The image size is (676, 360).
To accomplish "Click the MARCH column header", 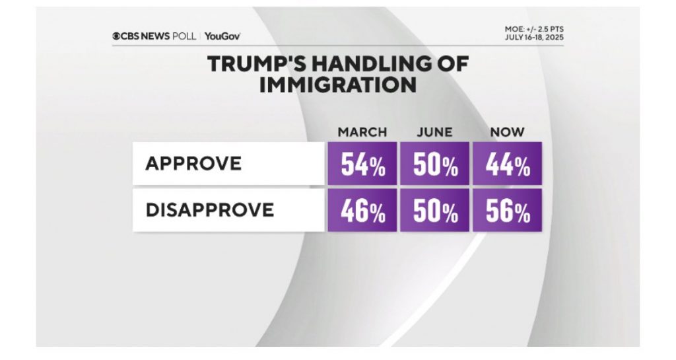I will click(x=362, y=133).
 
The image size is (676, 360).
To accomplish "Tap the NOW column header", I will click(x=507, y=133).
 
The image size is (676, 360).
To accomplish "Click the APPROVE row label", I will click(x=193, y=163).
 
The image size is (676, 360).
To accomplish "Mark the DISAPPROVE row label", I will click(x=209, y=210).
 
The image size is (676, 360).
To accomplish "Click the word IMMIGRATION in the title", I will click(x=337, y=85).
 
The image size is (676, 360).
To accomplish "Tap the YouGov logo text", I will click(x=222, y=36).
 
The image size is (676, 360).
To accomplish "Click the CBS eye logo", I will click(x=116, y=36).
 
